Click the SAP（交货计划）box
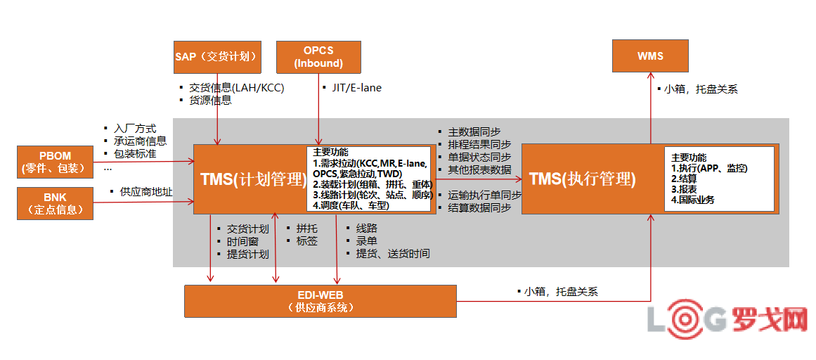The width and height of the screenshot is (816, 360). click(x=217, y=57)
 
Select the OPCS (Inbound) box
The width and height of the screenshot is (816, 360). click(x=318, y=57)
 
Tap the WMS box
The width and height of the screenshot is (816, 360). click(x=650, y=56)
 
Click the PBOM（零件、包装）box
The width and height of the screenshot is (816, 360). click(x=54, y=162)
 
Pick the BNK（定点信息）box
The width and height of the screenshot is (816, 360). click(x=55, y=203)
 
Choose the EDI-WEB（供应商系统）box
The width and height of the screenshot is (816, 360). click(x=320, y=301)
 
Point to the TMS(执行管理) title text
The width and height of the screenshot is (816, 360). click(x=582, y=179)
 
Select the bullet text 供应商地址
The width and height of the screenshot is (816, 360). click(x=146, y=191)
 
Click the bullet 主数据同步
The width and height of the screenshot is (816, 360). click(x=474, y=131)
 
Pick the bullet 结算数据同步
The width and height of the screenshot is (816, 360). click(x=479, y=207)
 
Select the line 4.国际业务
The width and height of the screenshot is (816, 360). click(x=693, y=200)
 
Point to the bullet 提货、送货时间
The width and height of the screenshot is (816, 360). click(x=392, y=254)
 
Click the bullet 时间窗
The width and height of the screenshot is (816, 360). click(x=242, y=241)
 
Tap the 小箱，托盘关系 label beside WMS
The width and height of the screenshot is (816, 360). click(x=701, y=89)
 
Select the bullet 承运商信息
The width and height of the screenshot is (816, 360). click(x=140, y=141)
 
